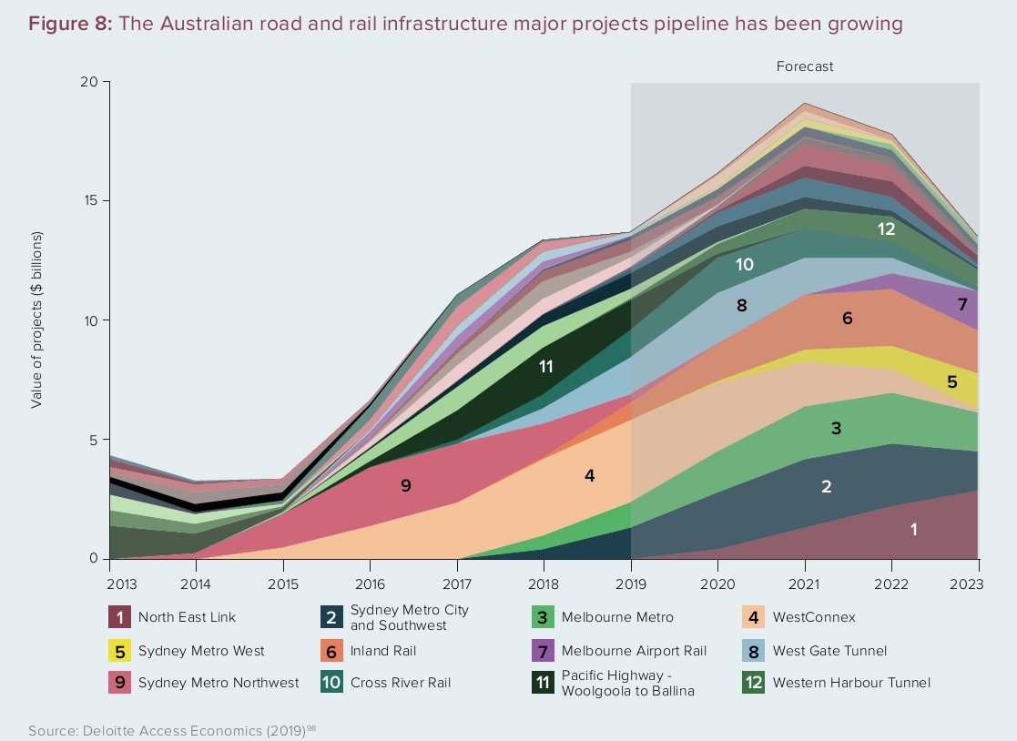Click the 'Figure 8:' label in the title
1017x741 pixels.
(x=69, y=25)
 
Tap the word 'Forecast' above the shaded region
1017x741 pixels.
(x=804, y=66)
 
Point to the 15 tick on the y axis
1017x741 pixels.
(x=90, y=201)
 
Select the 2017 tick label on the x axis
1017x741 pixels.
(x=456, y=584)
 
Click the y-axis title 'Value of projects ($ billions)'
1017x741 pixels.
(x=37, y=320)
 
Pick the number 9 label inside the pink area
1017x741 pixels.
(x=406, y=485)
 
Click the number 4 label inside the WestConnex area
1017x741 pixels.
(x=589, y=475)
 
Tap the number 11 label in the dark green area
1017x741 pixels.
(x=546, y=367)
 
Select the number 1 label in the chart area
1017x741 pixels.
(x=914, y=528)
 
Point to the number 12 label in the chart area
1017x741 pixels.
(x=887, y=229)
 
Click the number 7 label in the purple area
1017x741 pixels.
(x=963, y=305)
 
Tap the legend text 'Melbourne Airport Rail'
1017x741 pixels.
(x=634, y=651)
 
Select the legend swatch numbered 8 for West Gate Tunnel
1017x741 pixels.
(x=752, y=651)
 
